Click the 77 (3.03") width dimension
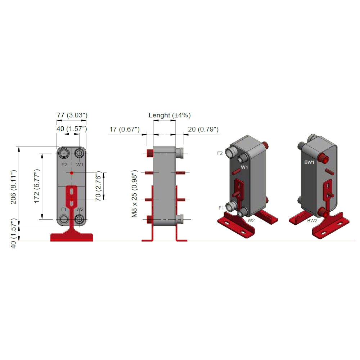pos(72,115)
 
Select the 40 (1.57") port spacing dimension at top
pos(72,129)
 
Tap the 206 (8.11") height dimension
pos(14,187)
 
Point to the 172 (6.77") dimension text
pos(37,186)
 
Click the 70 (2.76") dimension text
pos(98,186)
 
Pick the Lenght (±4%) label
pos(170,115)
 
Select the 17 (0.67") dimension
pos(125,129)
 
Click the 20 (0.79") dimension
pos(203,129)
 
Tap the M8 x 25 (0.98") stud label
pos(134,194)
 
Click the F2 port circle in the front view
pos(64,153)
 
